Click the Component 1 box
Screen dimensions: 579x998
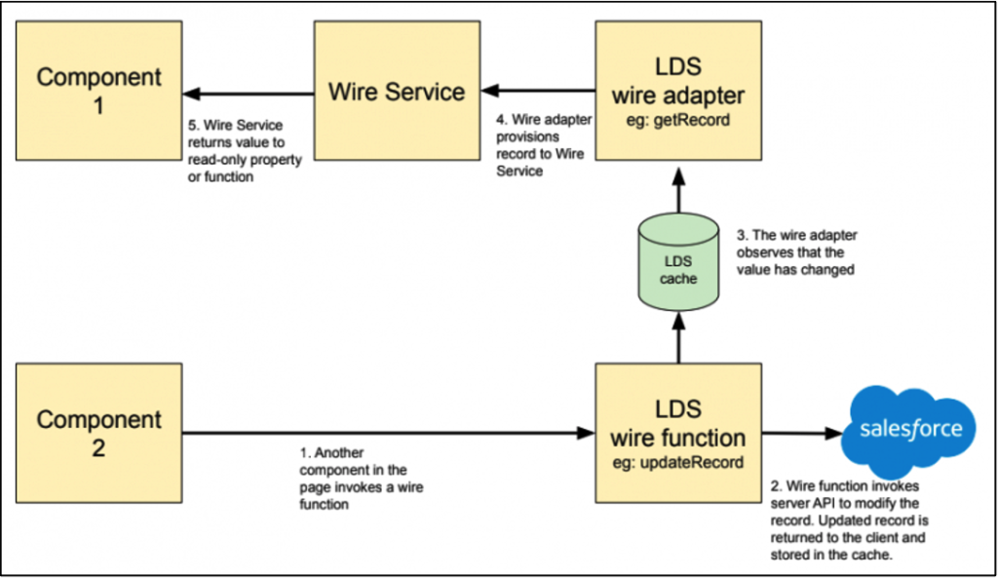[98, 93]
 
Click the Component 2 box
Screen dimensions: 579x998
[98, 433]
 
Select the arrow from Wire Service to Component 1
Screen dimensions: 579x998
[249, 94]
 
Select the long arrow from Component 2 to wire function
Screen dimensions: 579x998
[390, 433]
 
